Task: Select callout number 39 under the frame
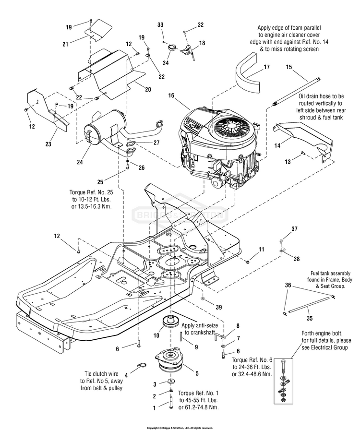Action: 218,306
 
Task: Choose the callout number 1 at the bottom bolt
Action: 154,408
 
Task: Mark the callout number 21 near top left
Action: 65,44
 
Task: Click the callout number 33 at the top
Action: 160,24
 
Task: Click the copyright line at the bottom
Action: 180,427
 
